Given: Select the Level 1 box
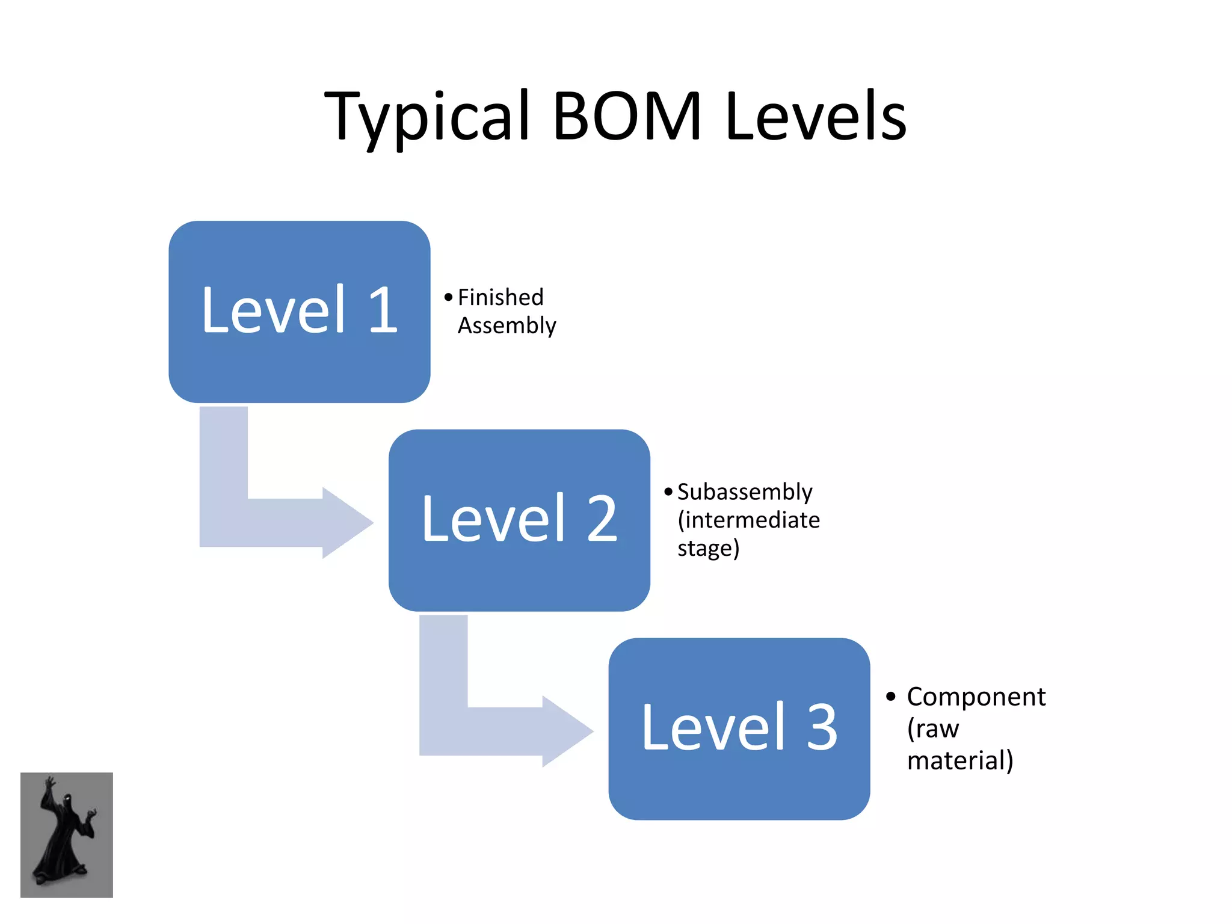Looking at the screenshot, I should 299,312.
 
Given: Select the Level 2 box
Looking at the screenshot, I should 519,520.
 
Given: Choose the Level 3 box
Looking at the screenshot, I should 739,728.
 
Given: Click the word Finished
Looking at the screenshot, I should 500,297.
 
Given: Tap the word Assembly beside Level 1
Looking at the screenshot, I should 507,325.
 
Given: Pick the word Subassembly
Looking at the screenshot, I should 745,492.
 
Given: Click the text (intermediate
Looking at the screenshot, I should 748,520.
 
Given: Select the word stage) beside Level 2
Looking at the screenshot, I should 708,548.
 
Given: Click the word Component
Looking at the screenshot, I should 976,697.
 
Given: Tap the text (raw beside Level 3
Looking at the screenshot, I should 932,728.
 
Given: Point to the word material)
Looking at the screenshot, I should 960,760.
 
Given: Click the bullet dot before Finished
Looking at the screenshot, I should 448,297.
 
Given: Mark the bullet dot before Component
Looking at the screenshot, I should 890,697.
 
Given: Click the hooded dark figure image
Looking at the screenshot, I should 67,835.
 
